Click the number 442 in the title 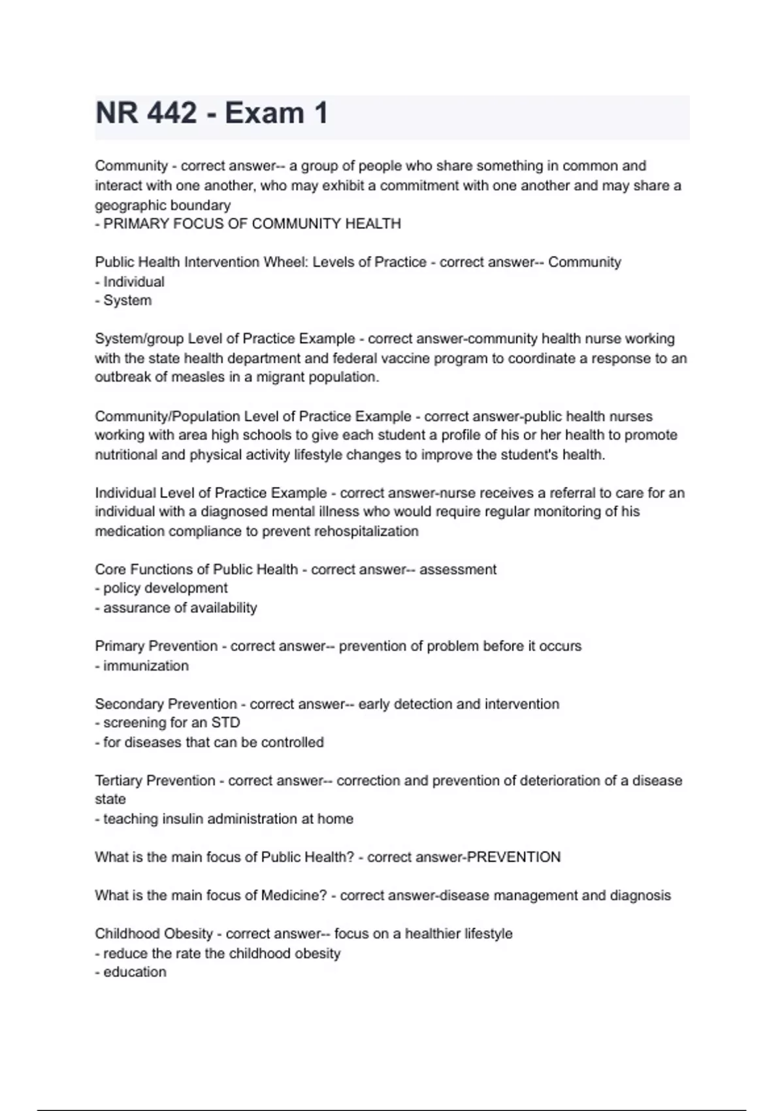[172, 114]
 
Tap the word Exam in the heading [265, 114]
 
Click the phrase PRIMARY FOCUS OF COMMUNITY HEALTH [252, 224]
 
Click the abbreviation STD [225, 723]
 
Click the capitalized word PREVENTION [514, 857]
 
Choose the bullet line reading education [135, 972]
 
